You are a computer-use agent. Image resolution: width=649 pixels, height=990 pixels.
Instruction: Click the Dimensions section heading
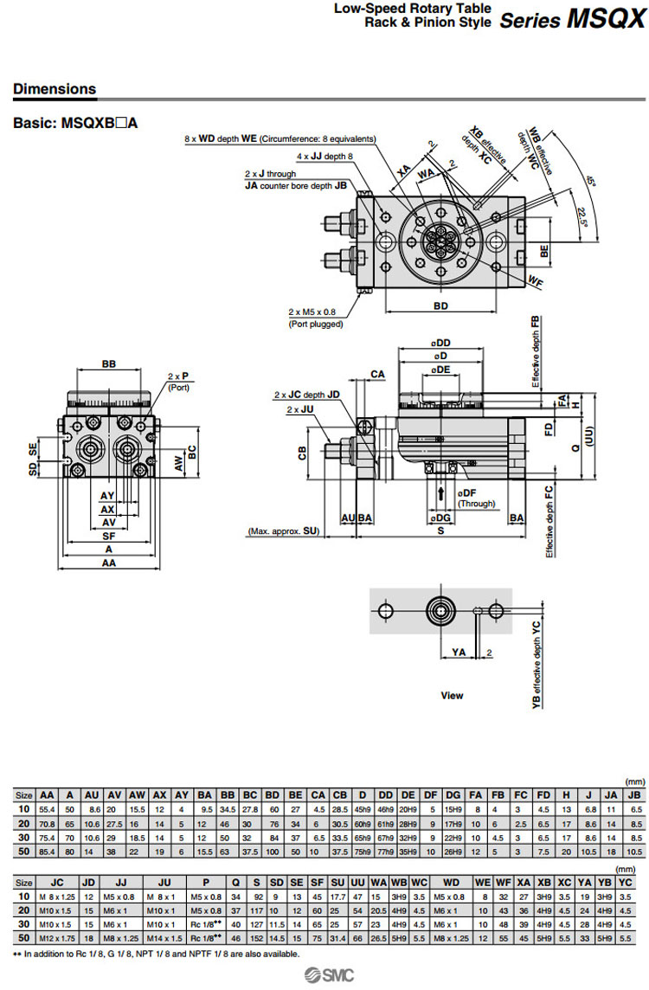pos(55,89)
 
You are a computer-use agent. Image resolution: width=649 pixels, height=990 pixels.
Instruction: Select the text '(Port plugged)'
pos(316,324)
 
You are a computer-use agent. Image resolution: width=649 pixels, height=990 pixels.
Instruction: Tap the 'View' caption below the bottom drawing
pos(452,695)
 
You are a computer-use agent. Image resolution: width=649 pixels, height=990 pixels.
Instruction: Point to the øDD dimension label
pos(442,344)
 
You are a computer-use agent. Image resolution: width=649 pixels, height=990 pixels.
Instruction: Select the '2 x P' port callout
pos(178,376)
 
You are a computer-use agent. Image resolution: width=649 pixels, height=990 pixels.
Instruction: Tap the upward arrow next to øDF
pos(442,492)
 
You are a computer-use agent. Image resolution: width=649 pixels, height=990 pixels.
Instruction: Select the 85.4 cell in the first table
pos(48,851)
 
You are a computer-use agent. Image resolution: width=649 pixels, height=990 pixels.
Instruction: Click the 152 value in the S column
pos(256,938)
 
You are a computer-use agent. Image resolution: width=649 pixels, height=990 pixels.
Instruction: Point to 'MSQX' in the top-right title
pos(606,19)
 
